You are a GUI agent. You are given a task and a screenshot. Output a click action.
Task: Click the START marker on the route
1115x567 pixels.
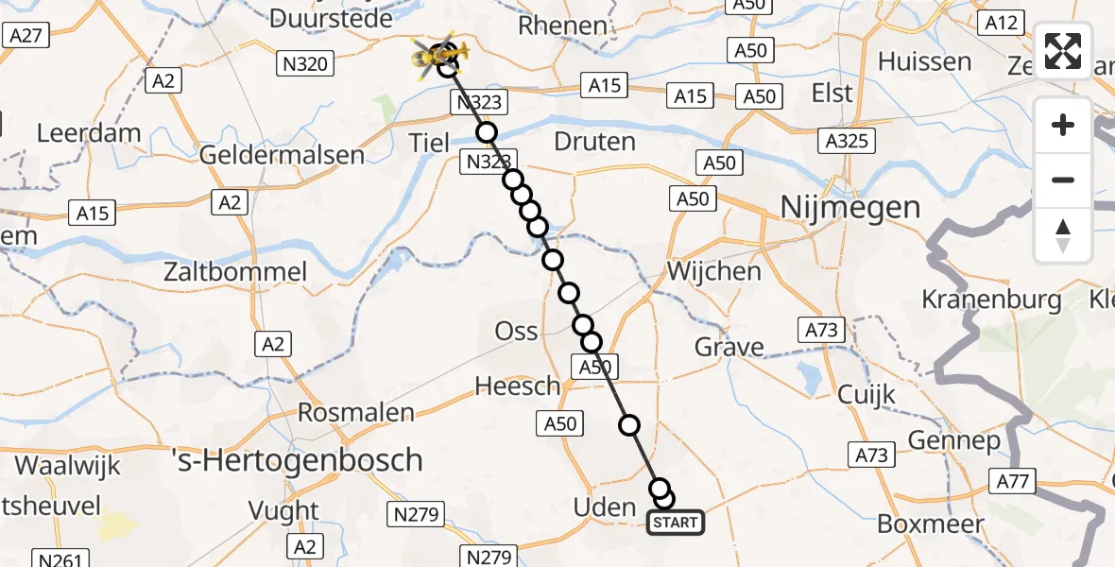[x=676, y=522]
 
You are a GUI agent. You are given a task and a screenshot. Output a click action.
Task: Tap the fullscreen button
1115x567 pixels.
[x=1063, y=51]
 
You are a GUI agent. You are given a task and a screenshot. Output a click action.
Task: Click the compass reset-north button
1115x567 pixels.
[x=1063, y=235]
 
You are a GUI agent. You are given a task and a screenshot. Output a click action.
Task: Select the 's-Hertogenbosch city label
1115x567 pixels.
[x=299, y=460]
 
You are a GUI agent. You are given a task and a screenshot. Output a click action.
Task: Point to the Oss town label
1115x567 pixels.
[x=517, y=332]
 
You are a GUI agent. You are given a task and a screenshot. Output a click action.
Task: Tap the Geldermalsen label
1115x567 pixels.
[x=283, y=155]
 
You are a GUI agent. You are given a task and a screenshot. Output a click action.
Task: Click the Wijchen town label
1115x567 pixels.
[x=713, y=271]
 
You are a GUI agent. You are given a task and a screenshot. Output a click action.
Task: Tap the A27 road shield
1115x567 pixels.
[x=25, y=35]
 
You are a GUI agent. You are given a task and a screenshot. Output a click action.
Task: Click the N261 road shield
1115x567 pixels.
[x=59, y=559]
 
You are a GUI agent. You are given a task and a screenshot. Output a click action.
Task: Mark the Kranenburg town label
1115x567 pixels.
[x=991, y=300]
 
